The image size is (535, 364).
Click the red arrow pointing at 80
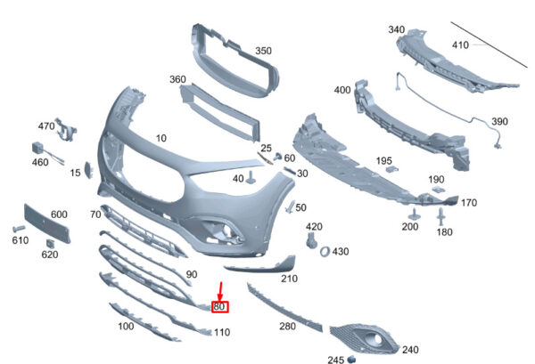click(220, 292)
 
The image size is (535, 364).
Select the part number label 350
click(263, 51)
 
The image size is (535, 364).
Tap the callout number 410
click(460, 45)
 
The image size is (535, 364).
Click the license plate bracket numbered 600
click(47, 223)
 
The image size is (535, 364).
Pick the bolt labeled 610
click(19, 229)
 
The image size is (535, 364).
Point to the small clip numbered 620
click(51, 244)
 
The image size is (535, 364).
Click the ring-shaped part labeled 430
click(325, 251)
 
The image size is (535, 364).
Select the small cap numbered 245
click(351, 359)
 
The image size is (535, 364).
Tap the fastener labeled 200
click(415, 214)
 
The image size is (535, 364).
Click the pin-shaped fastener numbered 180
click(440, 216)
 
